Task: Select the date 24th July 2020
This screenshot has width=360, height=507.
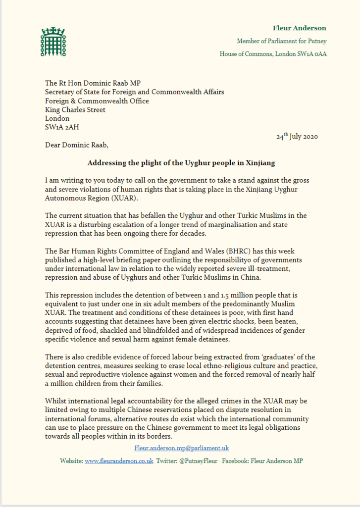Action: coord(297,136)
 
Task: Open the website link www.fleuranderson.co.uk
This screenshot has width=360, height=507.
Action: coord(119,460)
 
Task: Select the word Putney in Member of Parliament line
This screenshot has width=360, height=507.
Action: coord(316,41)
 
